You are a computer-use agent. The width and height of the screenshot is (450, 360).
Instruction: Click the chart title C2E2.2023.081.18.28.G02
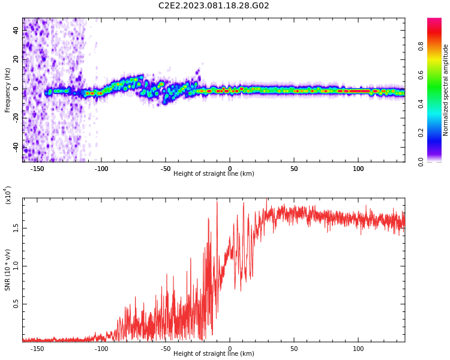click(214, 6)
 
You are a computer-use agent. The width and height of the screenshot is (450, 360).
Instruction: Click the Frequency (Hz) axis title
click(8, 90)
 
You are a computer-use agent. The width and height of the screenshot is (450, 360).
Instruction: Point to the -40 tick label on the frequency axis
click(15, 147)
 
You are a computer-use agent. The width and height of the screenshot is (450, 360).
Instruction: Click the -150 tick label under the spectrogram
click(37, 169)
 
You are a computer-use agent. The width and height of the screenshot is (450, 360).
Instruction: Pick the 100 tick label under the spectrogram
click(358, 169)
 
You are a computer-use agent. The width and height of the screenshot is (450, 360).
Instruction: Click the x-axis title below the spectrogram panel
click(214, 174)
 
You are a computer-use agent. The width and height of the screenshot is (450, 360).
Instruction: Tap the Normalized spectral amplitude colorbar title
click(446, 90)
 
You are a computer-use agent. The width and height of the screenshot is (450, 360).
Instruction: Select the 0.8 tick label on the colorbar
click(421, 46)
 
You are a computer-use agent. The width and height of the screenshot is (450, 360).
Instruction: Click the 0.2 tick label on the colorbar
click(421, 133)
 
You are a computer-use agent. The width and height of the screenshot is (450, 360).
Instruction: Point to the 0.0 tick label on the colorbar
click(421, 161)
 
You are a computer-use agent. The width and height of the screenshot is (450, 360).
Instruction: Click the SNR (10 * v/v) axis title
click(8, 270)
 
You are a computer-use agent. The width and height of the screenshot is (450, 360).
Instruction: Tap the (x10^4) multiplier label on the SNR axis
click(8, 195)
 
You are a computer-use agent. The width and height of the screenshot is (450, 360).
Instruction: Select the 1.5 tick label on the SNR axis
click(16, 229)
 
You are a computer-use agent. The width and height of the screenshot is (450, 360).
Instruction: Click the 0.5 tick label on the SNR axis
click(16, 304)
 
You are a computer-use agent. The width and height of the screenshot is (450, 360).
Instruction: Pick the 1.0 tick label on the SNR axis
click(16, 266)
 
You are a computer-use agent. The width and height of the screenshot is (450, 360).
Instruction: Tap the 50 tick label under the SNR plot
click(294, 349)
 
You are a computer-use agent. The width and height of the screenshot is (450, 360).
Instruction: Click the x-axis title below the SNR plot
click(214, 354)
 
